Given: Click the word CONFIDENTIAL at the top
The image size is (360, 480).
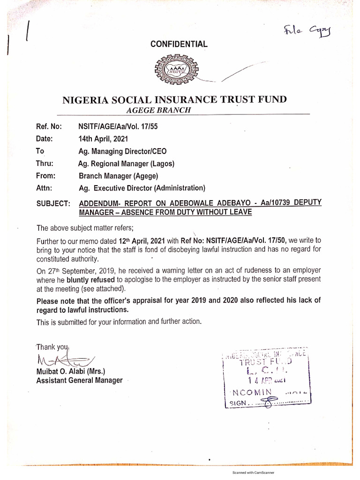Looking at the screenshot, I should coord(178,44).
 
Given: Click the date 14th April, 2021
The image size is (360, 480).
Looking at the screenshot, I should coord(103,139).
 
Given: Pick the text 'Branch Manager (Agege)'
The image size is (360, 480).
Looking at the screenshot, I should coord(119,176).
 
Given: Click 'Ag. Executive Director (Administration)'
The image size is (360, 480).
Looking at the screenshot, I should coord(142,188).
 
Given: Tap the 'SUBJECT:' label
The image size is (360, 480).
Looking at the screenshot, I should coord(53,204).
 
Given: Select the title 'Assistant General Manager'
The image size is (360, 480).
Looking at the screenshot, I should coord(79,381).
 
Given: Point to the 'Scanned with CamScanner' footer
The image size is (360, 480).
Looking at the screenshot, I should coord(253,473).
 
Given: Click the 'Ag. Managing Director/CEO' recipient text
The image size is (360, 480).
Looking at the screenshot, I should coord(122,151).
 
